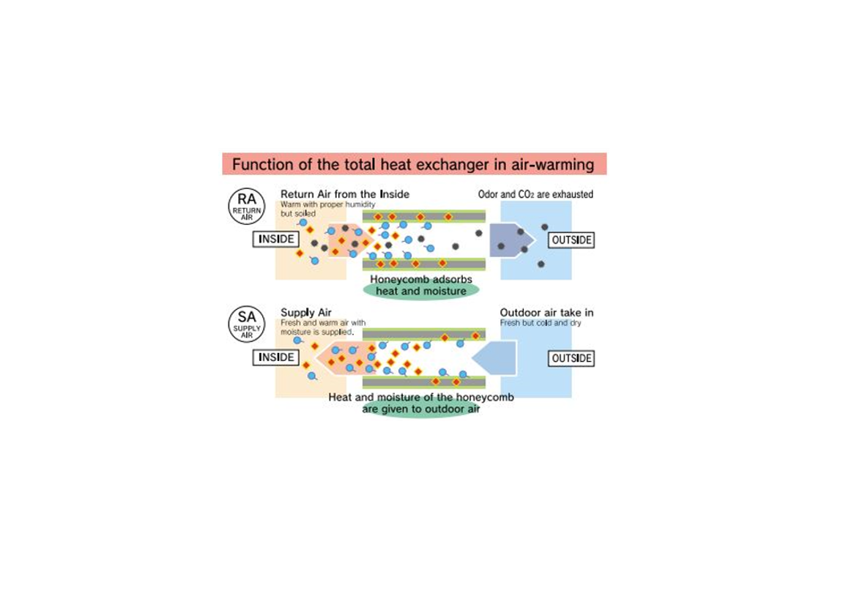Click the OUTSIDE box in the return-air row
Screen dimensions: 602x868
571,240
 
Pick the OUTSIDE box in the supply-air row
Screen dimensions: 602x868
571,358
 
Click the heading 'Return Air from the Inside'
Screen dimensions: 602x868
344,194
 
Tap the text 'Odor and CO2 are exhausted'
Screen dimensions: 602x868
535,194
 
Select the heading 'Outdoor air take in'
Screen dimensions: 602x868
546,313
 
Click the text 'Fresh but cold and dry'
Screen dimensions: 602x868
540,323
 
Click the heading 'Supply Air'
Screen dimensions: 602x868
306,313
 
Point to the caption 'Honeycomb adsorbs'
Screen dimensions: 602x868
420,280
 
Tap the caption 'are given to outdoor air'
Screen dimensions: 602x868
420,409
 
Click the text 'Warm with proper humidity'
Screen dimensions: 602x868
327,204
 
